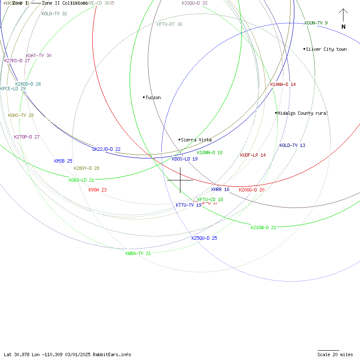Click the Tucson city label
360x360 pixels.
[x=153, y=97]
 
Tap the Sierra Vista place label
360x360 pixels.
[x=196, y=140]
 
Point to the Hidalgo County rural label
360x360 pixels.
[x=302, y=113]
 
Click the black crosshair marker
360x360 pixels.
[x=180, y=180]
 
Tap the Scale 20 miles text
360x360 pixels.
[x=335, y=354]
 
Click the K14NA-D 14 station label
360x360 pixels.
[x=283, y=84]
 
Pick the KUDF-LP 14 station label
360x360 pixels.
[x=253, y=155]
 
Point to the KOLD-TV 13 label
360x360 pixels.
[x=292, y=145]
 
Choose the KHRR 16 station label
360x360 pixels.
[x=220, y=189]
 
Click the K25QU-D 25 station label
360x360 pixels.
[x=204, y=238]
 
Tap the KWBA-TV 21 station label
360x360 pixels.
[x=138, y=253]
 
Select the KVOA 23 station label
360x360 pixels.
[x=97, y=190]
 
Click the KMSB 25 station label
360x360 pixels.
[x=63, y=161]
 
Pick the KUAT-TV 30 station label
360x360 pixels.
[x=39, y=55]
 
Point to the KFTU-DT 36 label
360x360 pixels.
[x=169, y=24]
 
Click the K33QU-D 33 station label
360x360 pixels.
[x=194, y=3]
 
